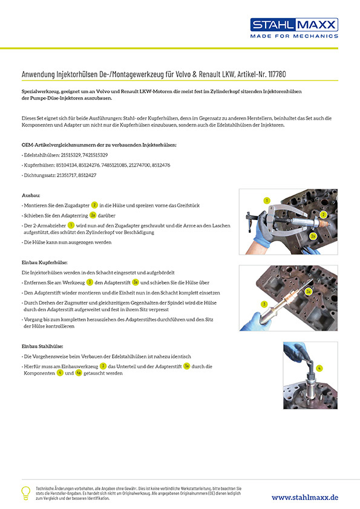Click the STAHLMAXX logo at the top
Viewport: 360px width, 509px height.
[294, 25]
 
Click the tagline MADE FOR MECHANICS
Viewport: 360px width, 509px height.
[294, 36]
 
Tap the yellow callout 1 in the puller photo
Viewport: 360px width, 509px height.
[266, 199]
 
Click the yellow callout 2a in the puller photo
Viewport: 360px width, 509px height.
[313, 235]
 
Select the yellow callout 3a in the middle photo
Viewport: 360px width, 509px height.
[308, 291]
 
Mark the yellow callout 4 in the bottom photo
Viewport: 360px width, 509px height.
[319, 367]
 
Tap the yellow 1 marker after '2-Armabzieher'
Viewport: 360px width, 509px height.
[71, 225]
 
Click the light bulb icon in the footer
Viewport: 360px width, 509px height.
[25, 491]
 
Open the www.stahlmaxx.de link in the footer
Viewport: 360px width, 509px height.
[304, 497]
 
